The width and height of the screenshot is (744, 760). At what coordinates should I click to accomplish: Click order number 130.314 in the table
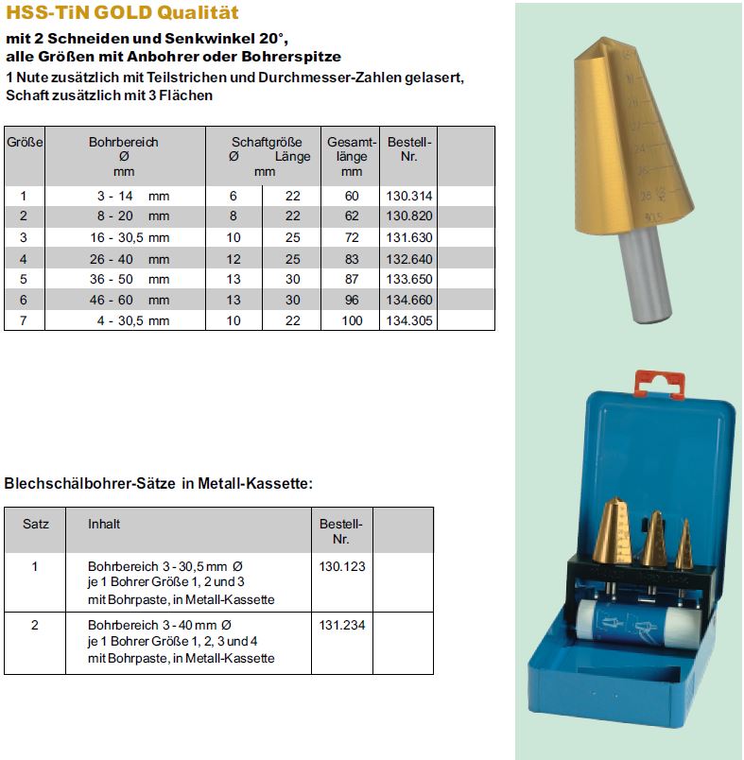tap(409, 196)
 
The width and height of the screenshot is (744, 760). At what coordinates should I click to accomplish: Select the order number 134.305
tap(409, 321)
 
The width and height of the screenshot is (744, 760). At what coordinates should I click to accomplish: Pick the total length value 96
tap(352, 301)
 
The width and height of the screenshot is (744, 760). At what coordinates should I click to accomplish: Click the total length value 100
tap(352, 321)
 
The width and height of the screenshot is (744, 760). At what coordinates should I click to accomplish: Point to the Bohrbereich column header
tap(124, 143)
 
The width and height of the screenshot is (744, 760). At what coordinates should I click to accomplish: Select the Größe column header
tap(25, 143)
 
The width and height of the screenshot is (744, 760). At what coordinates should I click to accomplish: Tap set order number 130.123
tap(342, 567)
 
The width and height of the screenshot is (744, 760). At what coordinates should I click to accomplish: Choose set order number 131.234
tap(342, 626)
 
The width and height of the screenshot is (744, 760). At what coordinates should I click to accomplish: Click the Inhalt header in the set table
tap(104, 524)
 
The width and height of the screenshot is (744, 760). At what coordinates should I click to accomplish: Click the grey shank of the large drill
tap(646, 275)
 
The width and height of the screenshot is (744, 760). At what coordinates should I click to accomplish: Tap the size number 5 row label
tap(25, 280)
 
